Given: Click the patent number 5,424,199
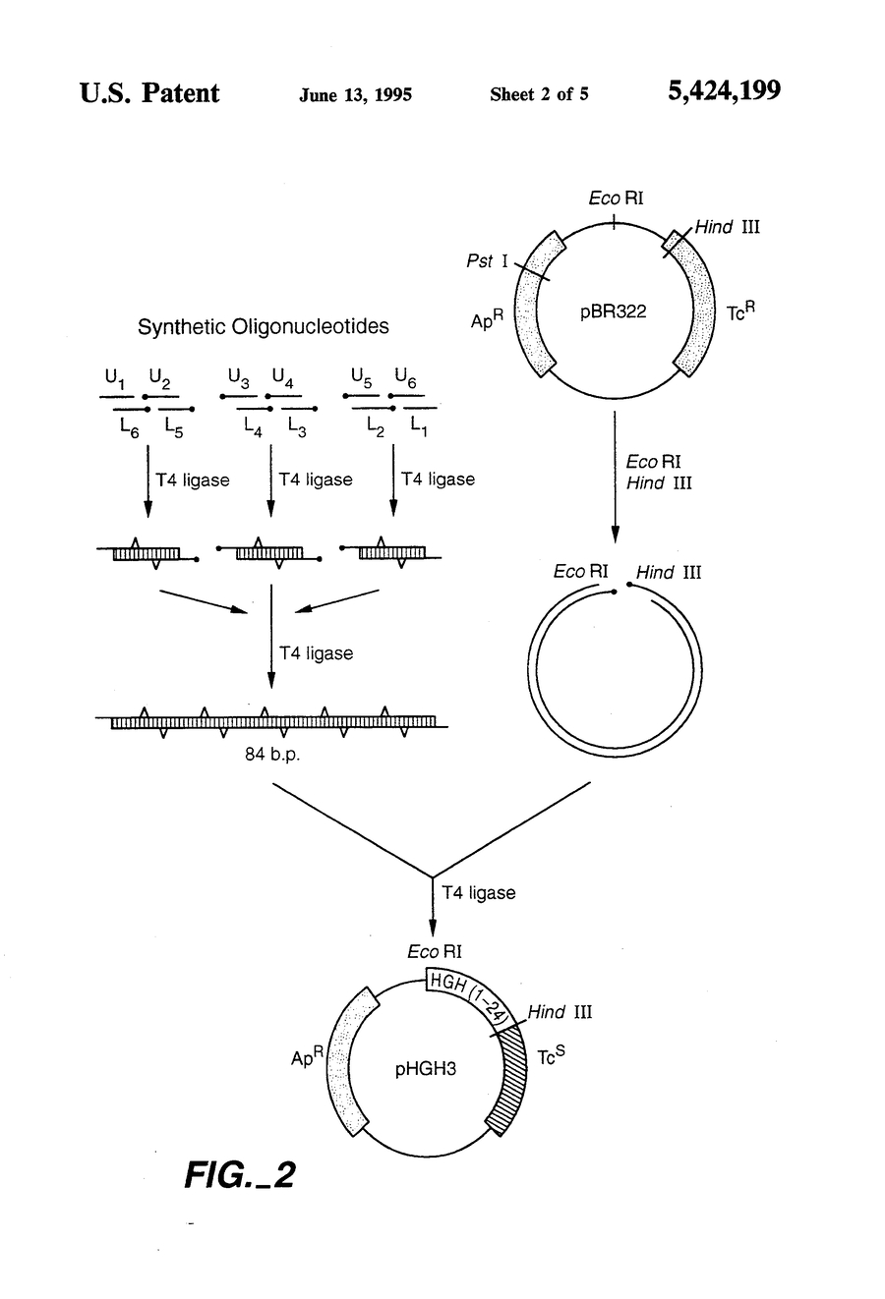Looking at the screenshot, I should [x=724, y=92].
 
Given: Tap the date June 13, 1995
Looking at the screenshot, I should [x=355, y=95].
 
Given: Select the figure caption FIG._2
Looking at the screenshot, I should [x=239, y=1174].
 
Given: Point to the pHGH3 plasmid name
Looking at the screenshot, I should [x=426, y=1068].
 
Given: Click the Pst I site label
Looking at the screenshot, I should [x=487, y=262].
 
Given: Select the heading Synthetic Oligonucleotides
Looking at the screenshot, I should [x=263, y=327].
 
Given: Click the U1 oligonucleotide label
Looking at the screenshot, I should [x=115, y=377].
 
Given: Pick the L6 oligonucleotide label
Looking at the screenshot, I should [x=130, y=427].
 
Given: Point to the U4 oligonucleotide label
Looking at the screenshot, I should [x=282, y=376].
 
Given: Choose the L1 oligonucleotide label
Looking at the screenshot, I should [x=419, y=427].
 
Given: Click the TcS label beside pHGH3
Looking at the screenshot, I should [x=551, y=1056].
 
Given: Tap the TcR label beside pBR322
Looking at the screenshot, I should [x=741, y=311].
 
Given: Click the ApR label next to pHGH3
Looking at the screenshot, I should [x=307, y=1057].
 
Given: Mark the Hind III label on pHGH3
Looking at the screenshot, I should [x=560, y=1012].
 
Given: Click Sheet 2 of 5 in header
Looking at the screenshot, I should [x=539, y=95].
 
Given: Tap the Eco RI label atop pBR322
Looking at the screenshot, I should [x=616, y=198].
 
